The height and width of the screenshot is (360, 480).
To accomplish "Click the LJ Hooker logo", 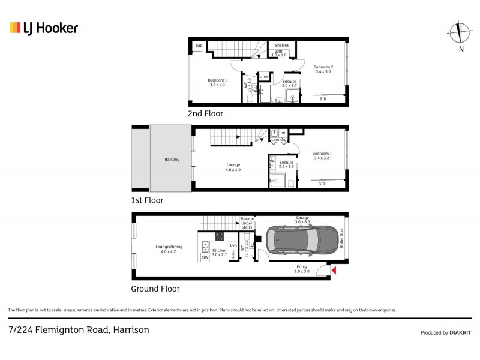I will click(x=44, y=28).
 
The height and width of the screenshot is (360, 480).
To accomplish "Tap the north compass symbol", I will click(x=460, y=33).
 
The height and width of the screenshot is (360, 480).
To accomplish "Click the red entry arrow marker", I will click(x=334, y=272).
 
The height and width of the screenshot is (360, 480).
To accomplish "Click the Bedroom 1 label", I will click(x=322, y=153).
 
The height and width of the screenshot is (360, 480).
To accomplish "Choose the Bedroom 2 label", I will click(x=323, y=67).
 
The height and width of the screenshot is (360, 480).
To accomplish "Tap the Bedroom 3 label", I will click(x=218, y=80).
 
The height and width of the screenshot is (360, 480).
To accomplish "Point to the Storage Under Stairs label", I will click(x=247, y=223).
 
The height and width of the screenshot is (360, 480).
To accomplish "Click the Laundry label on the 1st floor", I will click(x=279, y=140).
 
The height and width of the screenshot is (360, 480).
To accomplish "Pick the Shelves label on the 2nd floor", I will click(x=281, y=45).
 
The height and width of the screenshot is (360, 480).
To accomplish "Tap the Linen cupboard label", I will click(x=264, y=76).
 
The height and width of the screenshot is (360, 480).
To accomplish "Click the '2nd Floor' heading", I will click(x=205, y=113).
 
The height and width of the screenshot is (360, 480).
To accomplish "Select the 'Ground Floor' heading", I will click(x=155, y=289).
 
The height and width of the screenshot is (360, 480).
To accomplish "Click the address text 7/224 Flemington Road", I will click(x=79, y=329).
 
